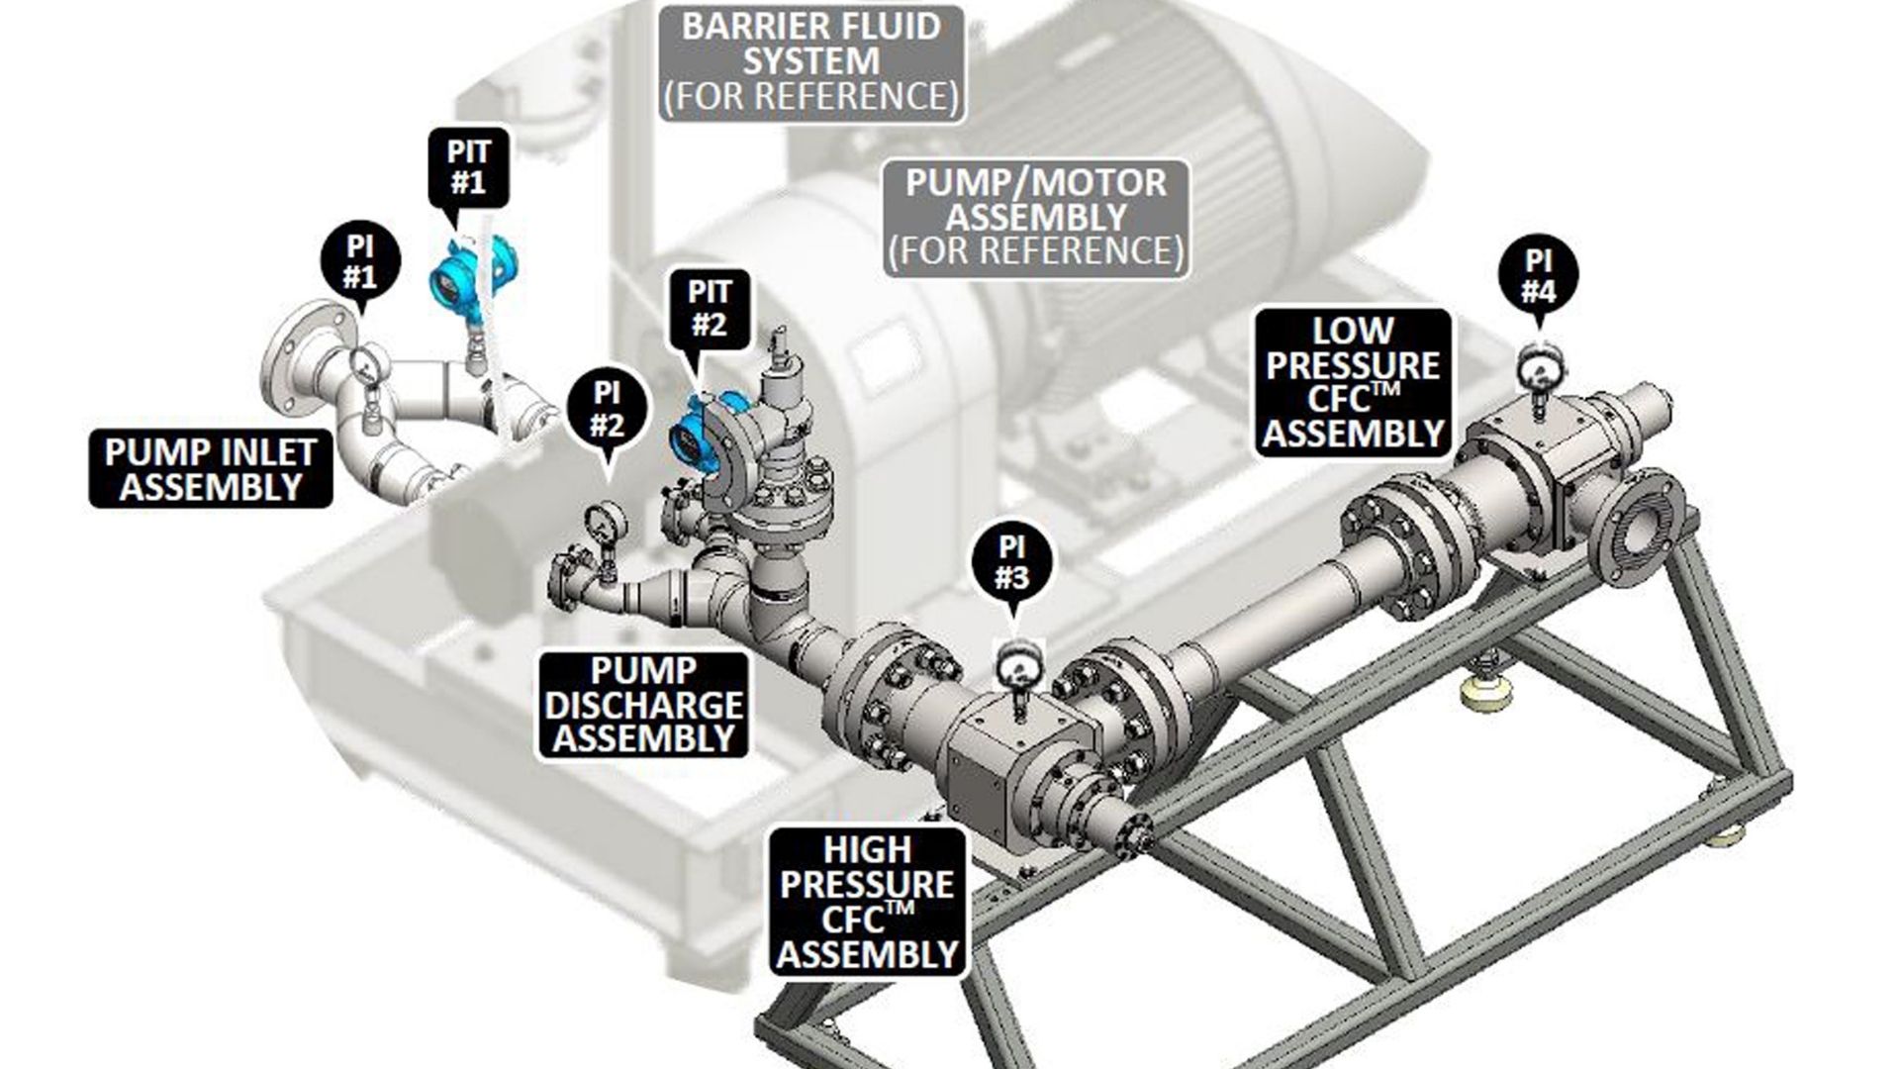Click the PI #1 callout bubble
[x=360, y=261]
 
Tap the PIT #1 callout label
[x=468, y=167]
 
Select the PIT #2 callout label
[x=710, y=308]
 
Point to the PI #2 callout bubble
[x=607, y=409]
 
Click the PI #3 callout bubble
[x=1011, y=562]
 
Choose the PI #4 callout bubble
[x=1538, y=275]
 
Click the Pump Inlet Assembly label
[x=210, y=469]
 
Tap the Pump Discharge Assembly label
[x=643, y=705]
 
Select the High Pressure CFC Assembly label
[x=868, y=902]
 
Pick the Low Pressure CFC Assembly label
[x=1353, y=383]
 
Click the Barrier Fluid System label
[x=811, y=61]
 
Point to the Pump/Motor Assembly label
[x=1036, y=217]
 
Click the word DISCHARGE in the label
[x=643, y=706]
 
